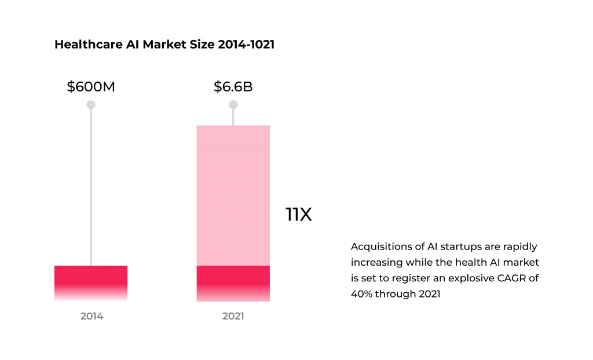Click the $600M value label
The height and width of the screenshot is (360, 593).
click(x=91, y=87)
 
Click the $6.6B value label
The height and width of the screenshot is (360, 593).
click(x=233, y=87)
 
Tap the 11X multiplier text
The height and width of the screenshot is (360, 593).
click(x=299, y=215)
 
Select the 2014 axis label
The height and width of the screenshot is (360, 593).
click(x=91, y=317)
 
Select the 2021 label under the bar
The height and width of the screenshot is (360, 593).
click(x=233, y=317)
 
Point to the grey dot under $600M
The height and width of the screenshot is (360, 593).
click(x=91, y=105)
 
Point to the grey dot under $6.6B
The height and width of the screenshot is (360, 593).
click(x=233, y=105)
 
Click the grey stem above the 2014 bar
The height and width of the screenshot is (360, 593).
click(x=91, y=185)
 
